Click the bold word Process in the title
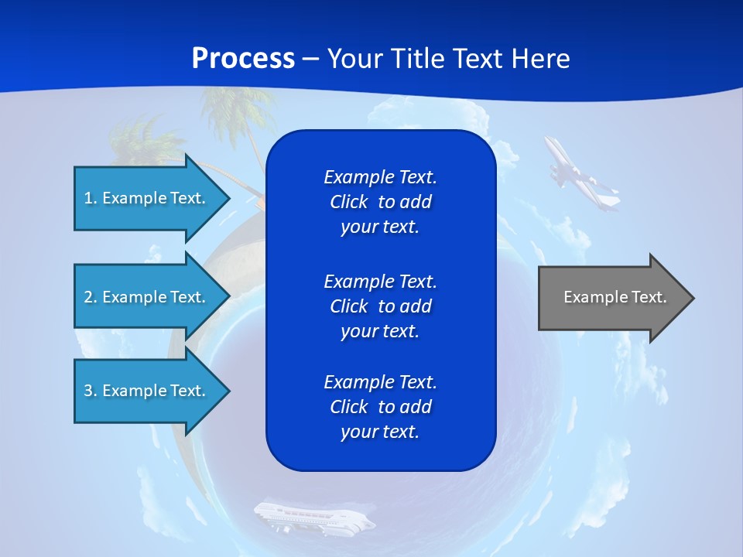coord(243,58)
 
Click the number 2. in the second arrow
coord(91,297)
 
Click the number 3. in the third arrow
coord(91,391)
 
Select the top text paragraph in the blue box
coord(380,202)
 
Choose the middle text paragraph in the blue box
coord(380,306)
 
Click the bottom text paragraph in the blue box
coord(380,407)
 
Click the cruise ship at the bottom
coord(313,517)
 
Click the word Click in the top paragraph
coord(348,202)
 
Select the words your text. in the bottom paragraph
coord(380,432)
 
